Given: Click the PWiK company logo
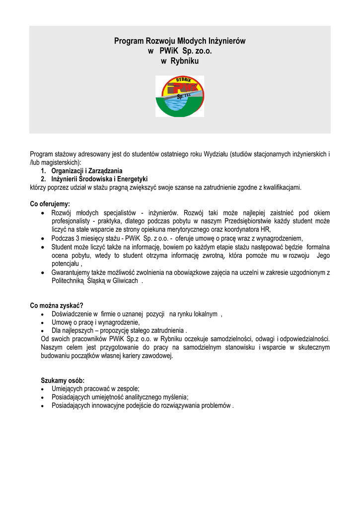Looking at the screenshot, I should coord(180,96).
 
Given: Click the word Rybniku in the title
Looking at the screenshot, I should coord(184,61).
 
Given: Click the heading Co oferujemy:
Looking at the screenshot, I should coord(50,203).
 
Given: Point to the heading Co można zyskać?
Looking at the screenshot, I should coord(57,305).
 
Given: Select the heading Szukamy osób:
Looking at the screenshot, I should coord(63,380).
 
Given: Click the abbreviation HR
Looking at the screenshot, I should coord(266,230).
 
